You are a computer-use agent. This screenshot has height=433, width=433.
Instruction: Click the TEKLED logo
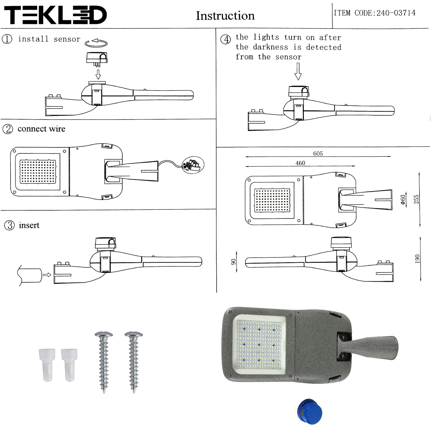pyautogui.click(x=55, y=15)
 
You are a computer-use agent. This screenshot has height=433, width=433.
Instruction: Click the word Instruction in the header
pyautogui.click(x=225, y=16)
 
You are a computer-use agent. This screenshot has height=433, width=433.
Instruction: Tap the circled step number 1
pyautogui.click(x=7, y=39)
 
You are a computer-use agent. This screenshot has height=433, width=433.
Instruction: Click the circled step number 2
pyautogui.click(x=7, y=129)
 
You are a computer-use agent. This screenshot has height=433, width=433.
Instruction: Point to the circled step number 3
pyautogui.click(x=10, y=225)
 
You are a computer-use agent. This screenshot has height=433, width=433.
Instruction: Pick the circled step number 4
pyautogui.click(x=226, y=39)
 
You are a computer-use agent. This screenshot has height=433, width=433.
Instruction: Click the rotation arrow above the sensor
pyautogui.click(x=96, y=43)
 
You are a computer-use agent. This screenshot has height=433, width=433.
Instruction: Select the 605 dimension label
pyautogui.click(x=318, y=153)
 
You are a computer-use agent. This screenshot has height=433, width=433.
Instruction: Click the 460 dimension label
pyautogui.click(x=300, y=163)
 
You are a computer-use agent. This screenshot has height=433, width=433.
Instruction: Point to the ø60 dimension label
pyautogui.click(x=403, y=200)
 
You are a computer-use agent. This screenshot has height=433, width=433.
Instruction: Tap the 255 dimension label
pyautogui.click(x=416, y=199)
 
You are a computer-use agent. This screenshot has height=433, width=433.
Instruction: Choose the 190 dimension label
pyautogui.click(x=417, y=259)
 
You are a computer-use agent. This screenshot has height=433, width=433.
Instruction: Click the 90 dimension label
pyautogui.click(x=233, y=262)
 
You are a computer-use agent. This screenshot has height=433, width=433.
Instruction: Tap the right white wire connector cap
pyautogui.click(x=69, y=365)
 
